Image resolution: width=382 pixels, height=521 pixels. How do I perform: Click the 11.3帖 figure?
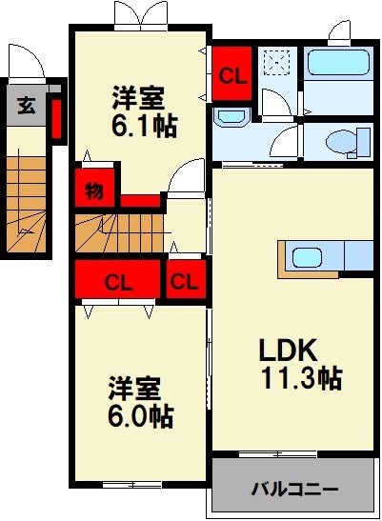(x=302, y=378)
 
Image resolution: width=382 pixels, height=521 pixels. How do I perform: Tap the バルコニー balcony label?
(x=294, y=491)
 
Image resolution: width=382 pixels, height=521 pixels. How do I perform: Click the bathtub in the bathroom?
(x=338, y=70)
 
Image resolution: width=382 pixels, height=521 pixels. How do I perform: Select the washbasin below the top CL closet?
(x=230, y=117)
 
